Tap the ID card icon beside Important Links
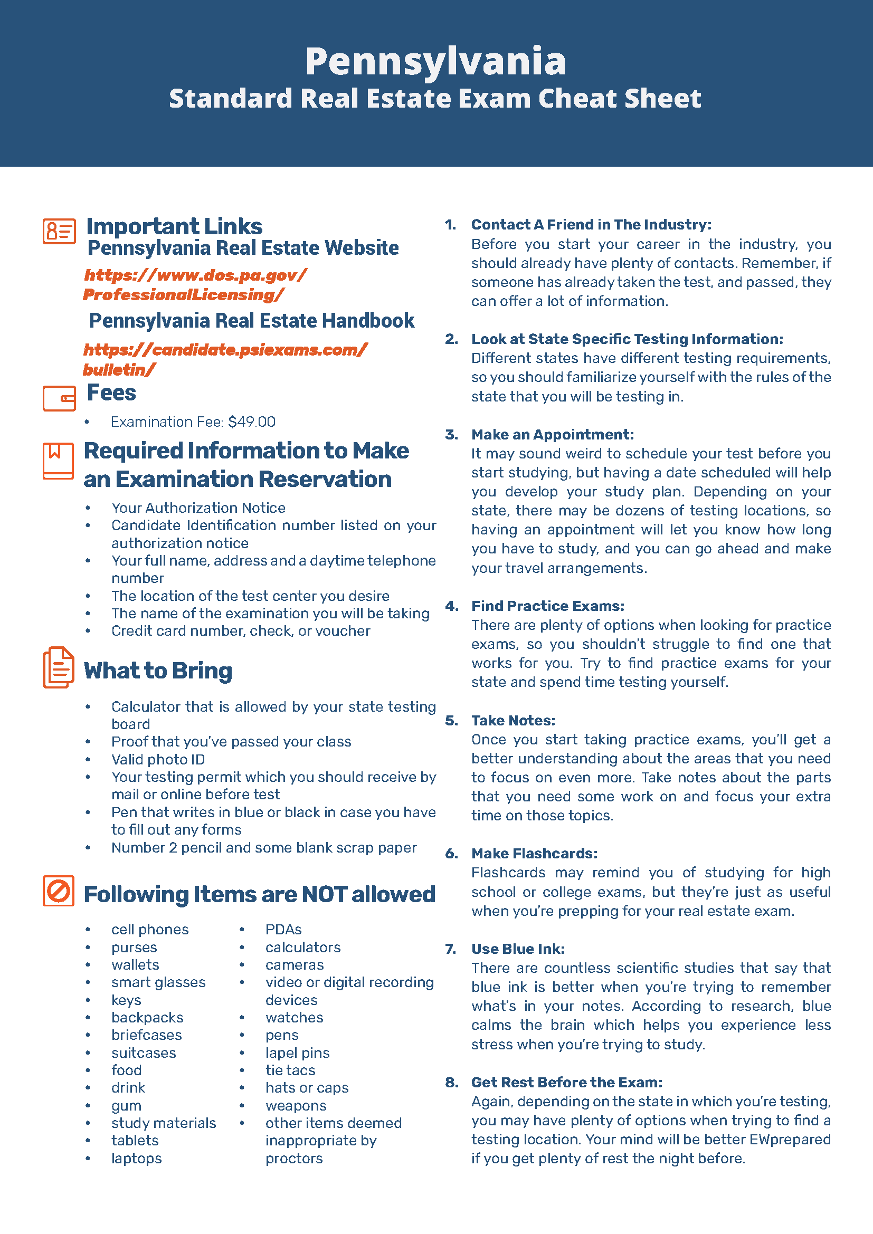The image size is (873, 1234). [59, 232]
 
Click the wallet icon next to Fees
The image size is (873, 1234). [59, 398]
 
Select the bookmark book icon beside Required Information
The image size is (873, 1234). [58, 461]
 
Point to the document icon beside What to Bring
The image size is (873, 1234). [58, 667]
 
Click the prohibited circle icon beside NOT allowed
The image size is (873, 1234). [58, 891]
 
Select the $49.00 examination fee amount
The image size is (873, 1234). [252, 422]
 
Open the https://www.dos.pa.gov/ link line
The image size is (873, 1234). [196, 275]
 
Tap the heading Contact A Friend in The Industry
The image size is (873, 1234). [591, 225]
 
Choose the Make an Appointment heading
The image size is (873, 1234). [553, 434]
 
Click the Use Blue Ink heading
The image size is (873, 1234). [518, 949]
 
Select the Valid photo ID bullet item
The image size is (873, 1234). [158, 759]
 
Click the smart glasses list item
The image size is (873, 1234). [158, 982]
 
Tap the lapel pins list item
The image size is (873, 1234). [297, 1053]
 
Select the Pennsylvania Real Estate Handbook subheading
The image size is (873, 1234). [252, 321]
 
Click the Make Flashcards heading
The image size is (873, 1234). [534, 854]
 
